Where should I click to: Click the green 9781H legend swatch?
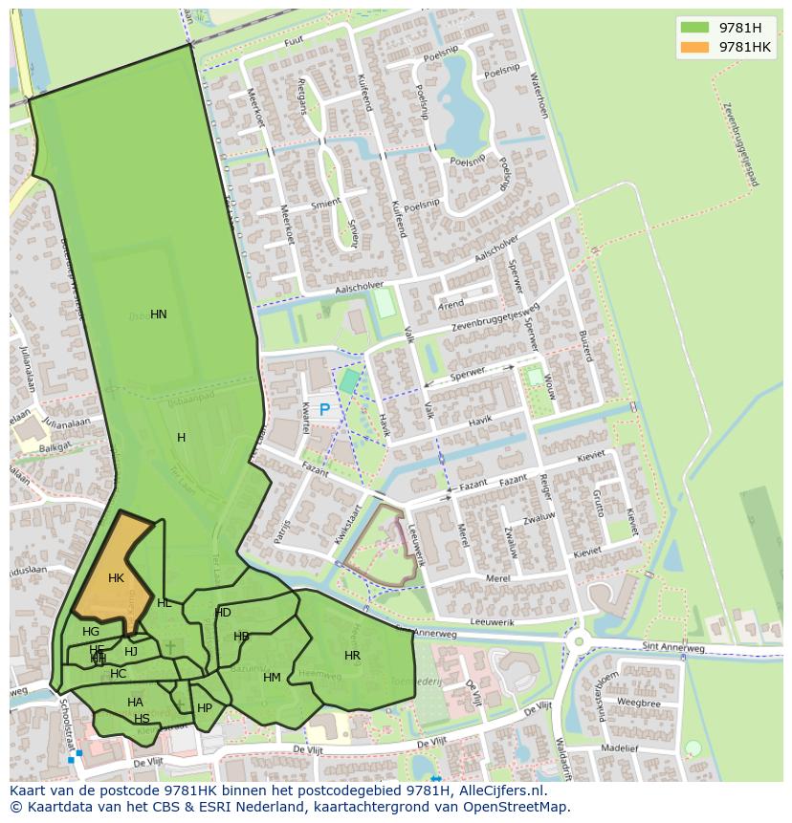[694, 28]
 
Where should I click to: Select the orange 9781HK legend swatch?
[694, 47]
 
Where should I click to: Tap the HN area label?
[159, 314]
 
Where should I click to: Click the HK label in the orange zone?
[116, 578]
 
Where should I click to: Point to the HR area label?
[352, 656]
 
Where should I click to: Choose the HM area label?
[272, 678]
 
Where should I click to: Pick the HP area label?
[205, 708]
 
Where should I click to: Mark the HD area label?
[223, 613]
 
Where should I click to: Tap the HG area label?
[91, 632]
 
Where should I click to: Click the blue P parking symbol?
[324, 410]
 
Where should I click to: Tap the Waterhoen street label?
[543, 96]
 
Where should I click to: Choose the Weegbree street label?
[639, 703]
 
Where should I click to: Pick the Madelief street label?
[619, 748]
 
